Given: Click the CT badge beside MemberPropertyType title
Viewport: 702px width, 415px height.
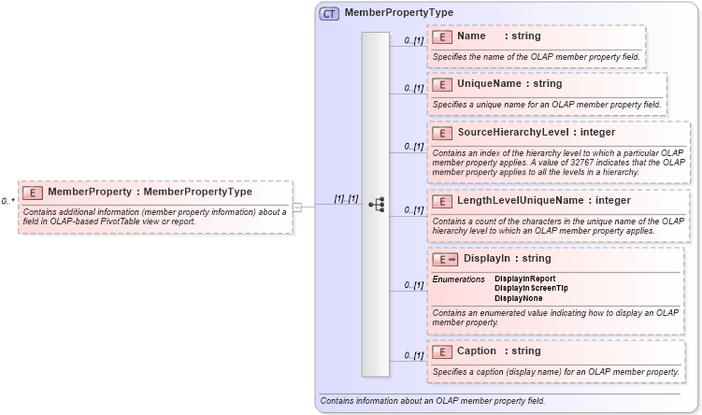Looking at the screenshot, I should pyautogui.click(x=330, y=13).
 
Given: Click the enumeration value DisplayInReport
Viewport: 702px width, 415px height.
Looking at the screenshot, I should pyautogui.click(x=524, y=279).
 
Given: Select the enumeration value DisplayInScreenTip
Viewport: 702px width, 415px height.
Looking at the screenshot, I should pyautogui.click(x=530, y=288).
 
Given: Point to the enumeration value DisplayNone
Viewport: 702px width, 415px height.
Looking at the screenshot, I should pyautogui.click(x=518, y=298).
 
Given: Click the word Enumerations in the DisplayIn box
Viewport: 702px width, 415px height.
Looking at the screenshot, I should pyautogui.click(x=458, y=279).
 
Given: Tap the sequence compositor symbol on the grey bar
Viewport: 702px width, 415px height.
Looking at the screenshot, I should pyautogui.click(x=376, y=204).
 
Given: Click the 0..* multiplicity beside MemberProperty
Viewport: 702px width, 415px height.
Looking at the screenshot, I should pyautogui.click(x=7, y=201).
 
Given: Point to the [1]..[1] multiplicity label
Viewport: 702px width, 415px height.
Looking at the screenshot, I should pyautogui.click(x=346, y=198).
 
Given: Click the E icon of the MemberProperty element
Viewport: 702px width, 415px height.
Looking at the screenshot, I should pyautogui.click(x=33, y=193).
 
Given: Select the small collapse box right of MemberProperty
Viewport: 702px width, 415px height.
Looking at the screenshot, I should pyautogui.click(x=296, y=207).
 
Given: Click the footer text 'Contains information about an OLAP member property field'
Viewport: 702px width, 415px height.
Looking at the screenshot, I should pyautogui.click(x=432, y=401).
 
